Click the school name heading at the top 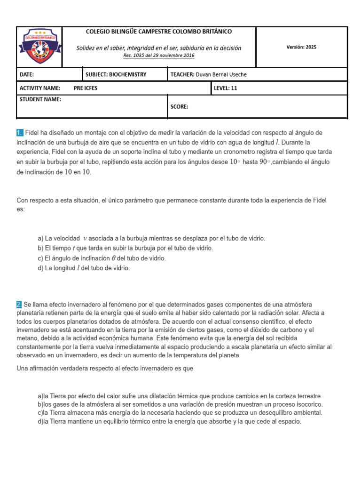[x=158, y=32]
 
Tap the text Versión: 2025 [x=301, y=47]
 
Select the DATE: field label [x=27, y=74]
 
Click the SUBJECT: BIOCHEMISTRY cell [x=116, y=74]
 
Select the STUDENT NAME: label [x=40, y=99]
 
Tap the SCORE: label [x=179, y=107]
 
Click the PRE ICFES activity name [x=86, y=88]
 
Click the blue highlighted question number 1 [x=20, y=133]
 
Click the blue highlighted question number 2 [x=20, y=305]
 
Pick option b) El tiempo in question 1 [x=125, y=248]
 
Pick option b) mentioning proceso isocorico [x=180, y=405]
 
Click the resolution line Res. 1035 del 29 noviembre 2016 [x=158, y=56]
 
